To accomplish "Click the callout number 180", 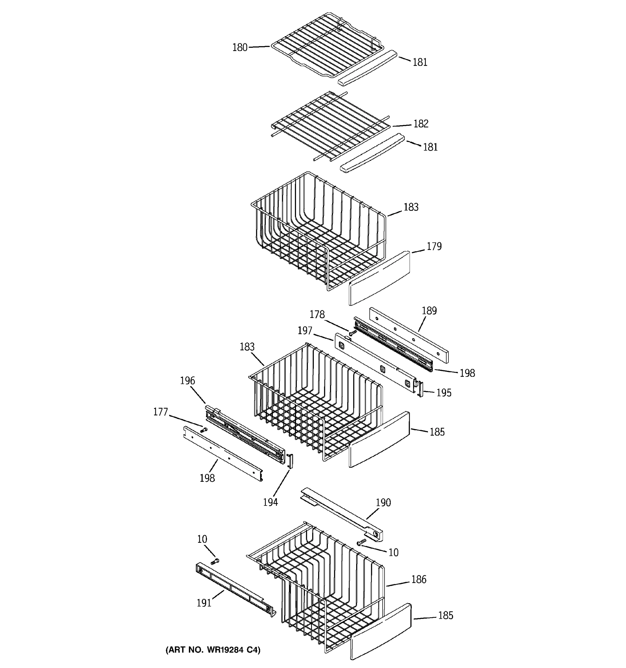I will point(240,48).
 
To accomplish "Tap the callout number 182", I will point(421,124).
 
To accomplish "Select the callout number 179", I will point(434,247).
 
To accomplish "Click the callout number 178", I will point(317,315).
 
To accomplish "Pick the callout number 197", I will point(305,331).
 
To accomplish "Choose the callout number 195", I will point(444,393).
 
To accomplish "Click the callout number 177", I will point(161,412).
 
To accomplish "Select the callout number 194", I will point(270,502).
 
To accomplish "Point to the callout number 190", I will point(383,503).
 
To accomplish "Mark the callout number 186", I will point(419,579).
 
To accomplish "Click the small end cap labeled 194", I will point(290,461).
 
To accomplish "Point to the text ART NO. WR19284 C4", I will point(213,650).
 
